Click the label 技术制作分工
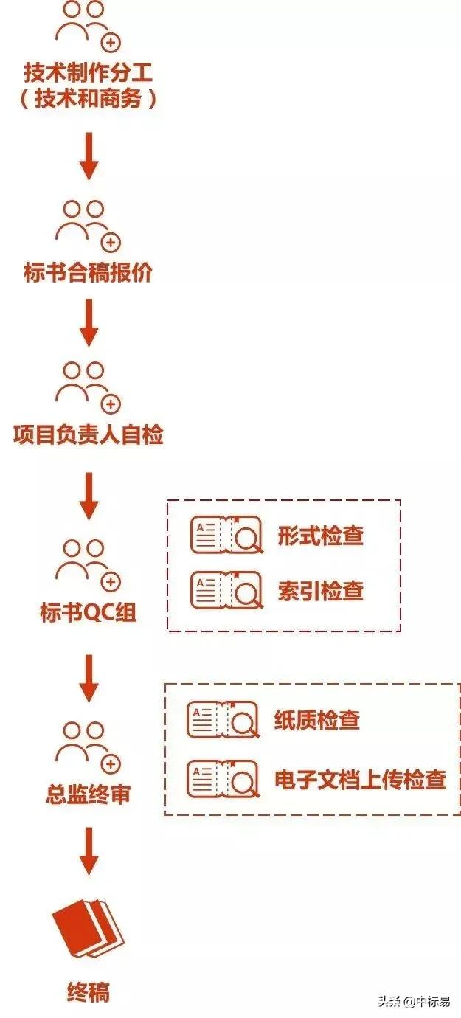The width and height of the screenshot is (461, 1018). coord(89,73)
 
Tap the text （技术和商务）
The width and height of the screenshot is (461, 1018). coord(89,100)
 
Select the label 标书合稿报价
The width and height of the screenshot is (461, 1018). coord(89,273)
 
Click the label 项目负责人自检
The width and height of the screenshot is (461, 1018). coord(89,434)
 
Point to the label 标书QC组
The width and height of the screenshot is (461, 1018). coord(89,612)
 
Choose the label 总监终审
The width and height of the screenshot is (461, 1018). coord(89,794)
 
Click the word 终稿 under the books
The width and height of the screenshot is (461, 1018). coord(89,992)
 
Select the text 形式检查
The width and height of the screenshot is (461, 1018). coord(320,536)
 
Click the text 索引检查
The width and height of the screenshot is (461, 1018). coord(320,590)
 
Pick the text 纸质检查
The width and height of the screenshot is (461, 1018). coord(316,719)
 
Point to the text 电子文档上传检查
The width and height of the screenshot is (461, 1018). coord(360,779)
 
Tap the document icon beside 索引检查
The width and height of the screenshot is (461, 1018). coord(226,590)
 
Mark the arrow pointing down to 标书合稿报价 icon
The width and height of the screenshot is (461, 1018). coord(89,156)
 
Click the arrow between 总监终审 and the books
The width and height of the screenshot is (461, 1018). coord(89,852)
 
